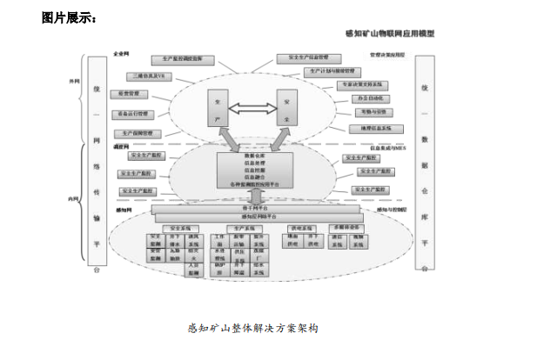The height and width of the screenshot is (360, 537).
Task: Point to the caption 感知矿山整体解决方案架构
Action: tap(253, 328)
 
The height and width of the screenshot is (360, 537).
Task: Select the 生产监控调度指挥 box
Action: tap(182, 59)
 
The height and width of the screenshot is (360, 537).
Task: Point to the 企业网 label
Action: tap(122, 53)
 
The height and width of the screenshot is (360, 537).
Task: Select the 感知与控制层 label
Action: tap(393, 210)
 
